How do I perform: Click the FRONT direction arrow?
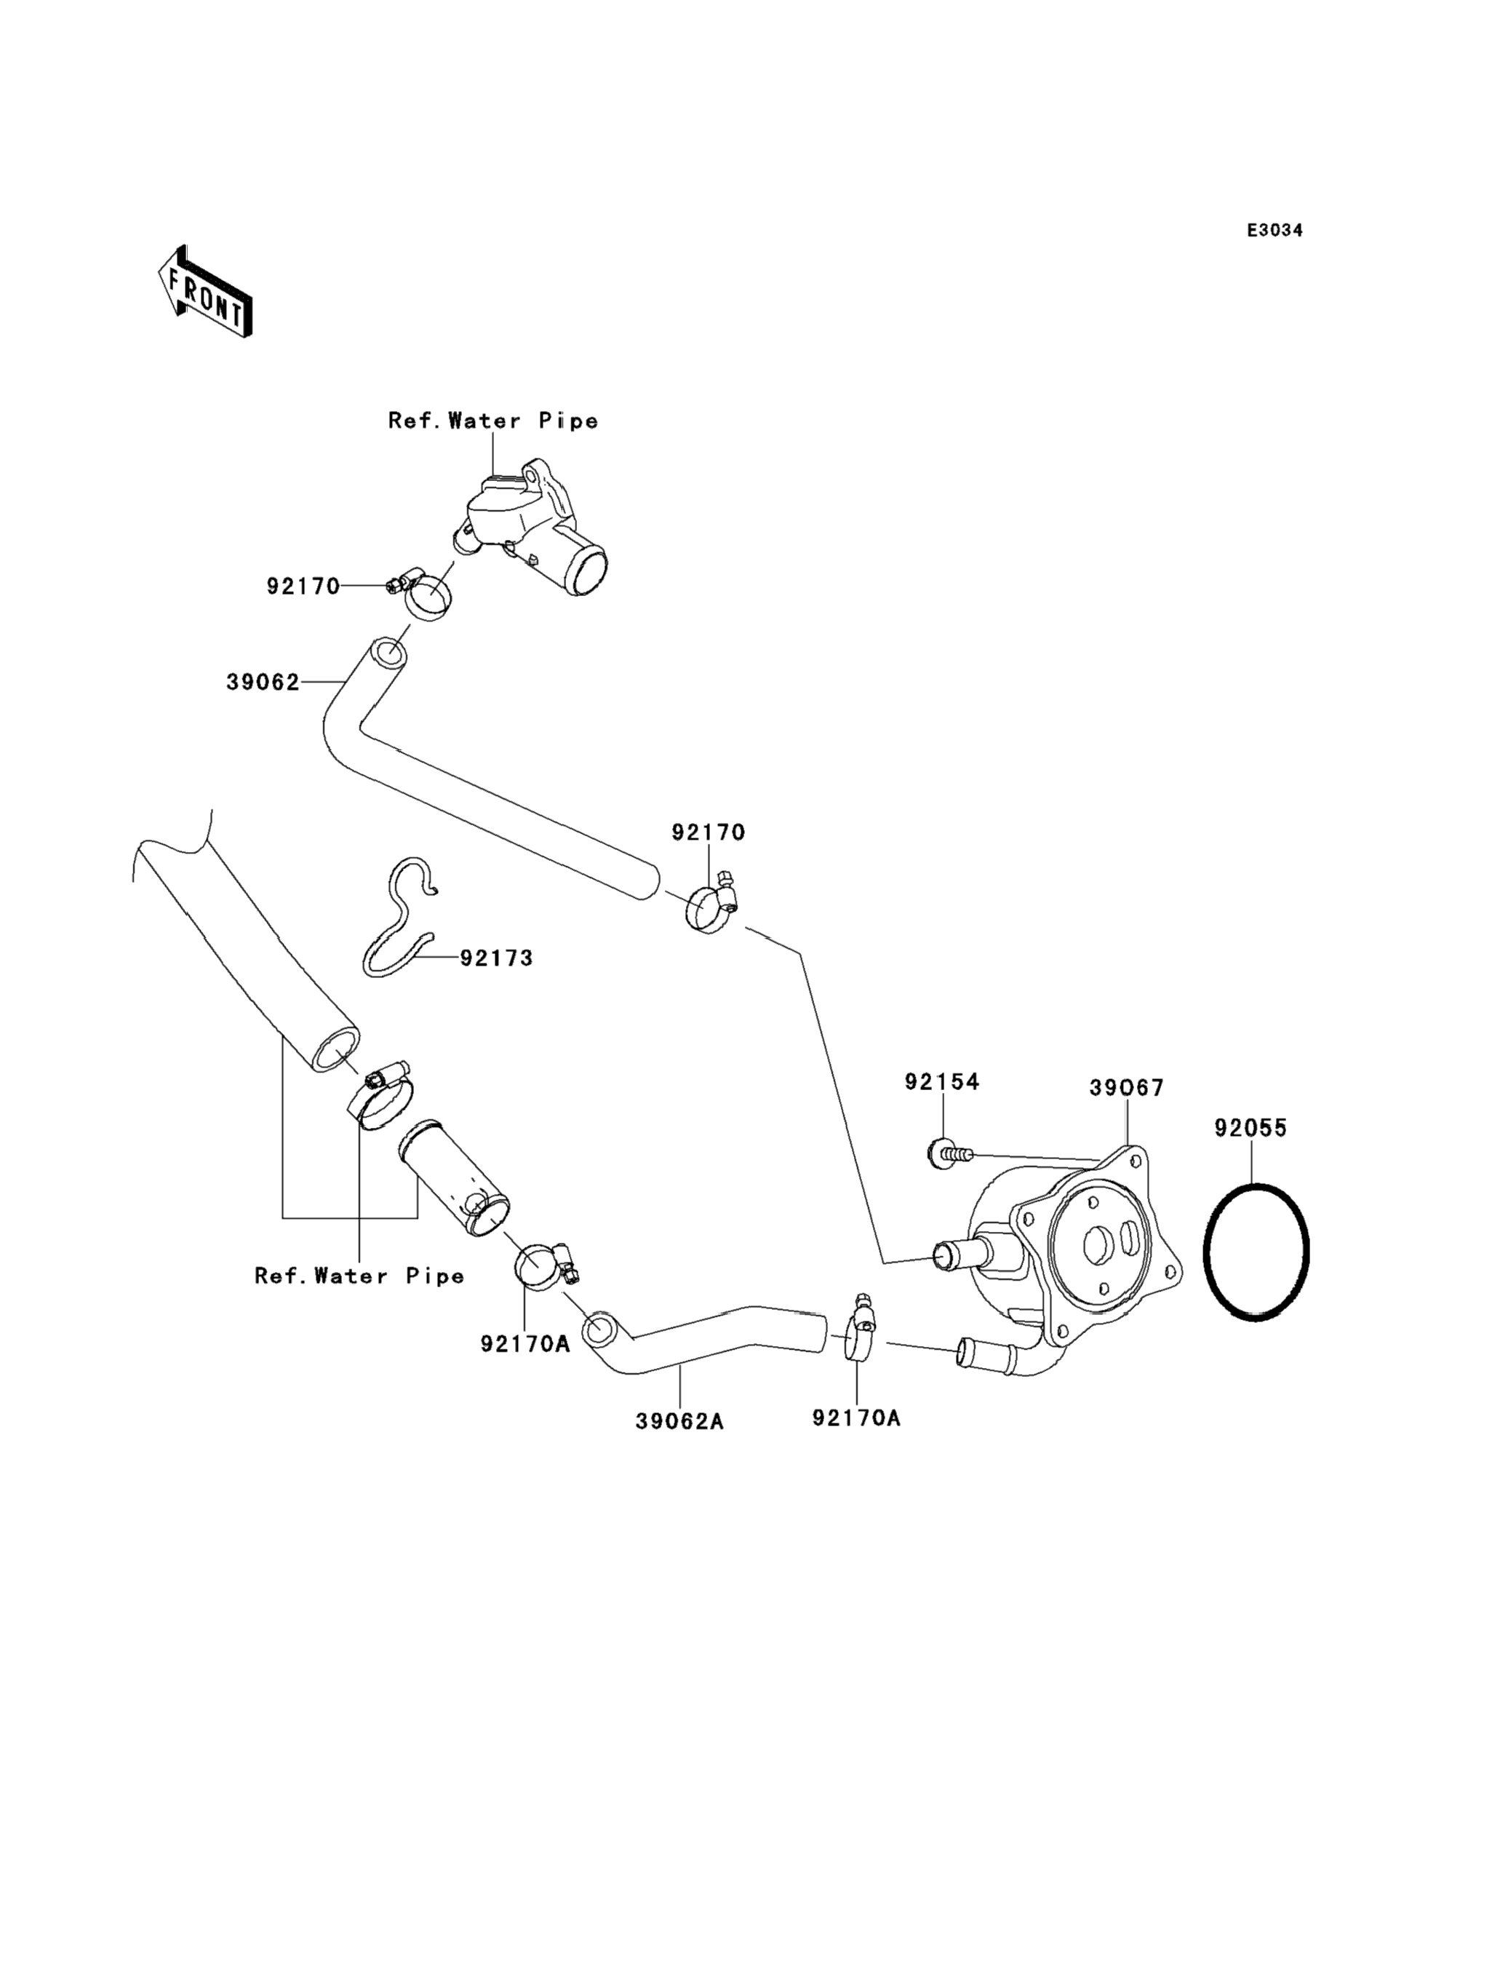pos(204,292)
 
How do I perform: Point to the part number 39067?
pos(1126,1088)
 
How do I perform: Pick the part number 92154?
pos(942,1081)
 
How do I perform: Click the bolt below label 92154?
pos(948,1154)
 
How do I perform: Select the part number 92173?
pos(496,958)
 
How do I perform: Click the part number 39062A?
pos(679,1421)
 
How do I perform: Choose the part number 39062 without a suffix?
pos(263,683)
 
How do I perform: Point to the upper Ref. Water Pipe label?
pos(493,421)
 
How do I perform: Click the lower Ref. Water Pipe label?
pos(360,1276)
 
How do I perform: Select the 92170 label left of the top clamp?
pos(303,586)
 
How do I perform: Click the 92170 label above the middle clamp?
pos(708,832)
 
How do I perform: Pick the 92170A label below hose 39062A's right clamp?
pos(856,1418)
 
